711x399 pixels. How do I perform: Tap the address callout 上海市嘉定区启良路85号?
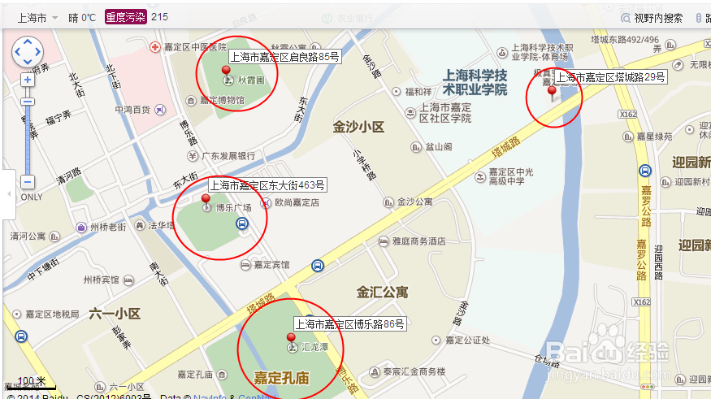coord(284,57)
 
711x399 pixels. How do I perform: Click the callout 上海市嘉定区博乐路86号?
coord(349,323)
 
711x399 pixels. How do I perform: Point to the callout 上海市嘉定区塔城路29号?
coord(610,78)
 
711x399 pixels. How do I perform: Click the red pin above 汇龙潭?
coord(291,337)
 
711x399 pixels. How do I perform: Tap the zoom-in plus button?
coord(28,80)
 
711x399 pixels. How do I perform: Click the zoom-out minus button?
coord(28,182)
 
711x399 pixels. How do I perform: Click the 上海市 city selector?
coord(33,16)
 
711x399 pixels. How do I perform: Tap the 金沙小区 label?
coord(358,128)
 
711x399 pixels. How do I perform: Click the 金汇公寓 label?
coord(382,291)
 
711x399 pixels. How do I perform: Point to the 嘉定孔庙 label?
coord(281,378)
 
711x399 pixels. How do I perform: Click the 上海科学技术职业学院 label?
coord(475,82)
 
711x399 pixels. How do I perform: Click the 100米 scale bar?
coord(33,381)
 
